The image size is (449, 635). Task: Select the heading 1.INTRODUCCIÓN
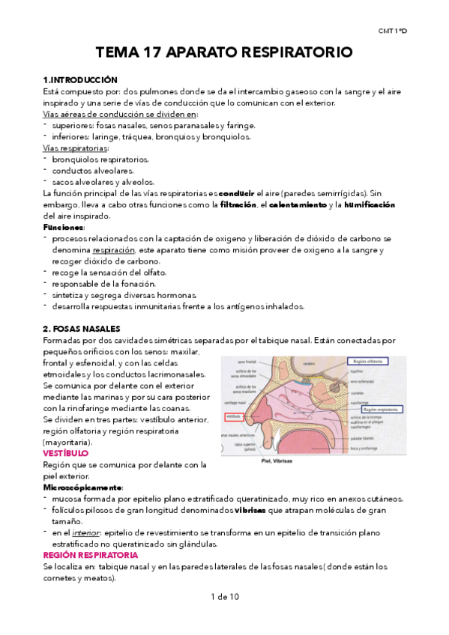tap(81, 79)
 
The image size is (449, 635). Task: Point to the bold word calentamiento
tap(298, 204)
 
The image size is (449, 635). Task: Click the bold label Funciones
tap(64, 227)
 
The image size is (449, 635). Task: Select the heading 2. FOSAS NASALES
tap(87, 329)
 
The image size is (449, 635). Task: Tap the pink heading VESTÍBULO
tap(66, 453)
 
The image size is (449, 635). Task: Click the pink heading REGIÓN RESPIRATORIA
tap(91, 556)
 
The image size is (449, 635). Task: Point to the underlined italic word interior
tap(92, 532)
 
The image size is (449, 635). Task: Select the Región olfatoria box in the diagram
tap(374, 361)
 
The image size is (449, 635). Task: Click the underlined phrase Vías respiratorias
tap(76, 148)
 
